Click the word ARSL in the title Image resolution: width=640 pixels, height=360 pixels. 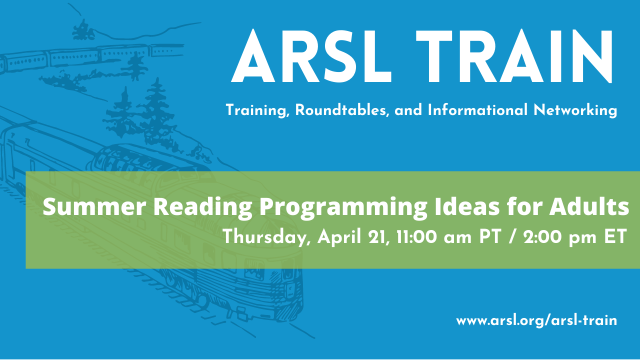pyautogui.click(x=311, y=56)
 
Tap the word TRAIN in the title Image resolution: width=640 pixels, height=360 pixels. pyautogui.click(x=514, y=56)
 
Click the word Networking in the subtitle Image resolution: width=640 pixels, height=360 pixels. pyautogui.click(x=575, y=111)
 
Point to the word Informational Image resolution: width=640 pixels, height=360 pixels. pyautogui.click(x=477, y=110)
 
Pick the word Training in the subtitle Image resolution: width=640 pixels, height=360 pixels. pyautogui.click(x=257, y=111)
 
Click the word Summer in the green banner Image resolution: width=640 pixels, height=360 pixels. pyautogui.click(x=94, y=207)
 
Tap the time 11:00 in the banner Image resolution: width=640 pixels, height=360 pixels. pyautogui.click(x=416, y=237)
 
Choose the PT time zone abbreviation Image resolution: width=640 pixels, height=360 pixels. pyautogui.click(x=490, y=237)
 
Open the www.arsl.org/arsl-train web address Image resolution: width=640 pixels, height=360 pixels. pyautogui.click(x=536, y=320)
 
